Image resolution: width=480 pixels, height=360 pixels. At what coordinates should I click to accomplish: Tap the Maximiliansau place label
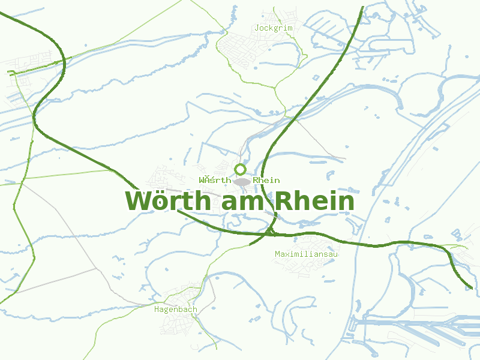click(x=307, y=254)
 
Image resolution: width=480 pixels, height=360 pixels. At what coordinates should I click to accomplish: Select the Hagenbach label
click(x=175, y=310)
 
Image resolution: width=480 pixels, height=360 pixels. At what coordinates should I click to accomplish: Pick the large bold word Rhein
click(x=315, y=202)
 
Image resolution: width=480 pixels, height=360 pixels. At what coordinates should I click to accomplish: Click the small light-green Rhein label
click(x=266, y=181)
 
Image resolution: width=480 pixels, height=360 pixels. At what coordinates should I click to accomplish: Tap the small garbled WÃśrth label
click(x=215, y=181)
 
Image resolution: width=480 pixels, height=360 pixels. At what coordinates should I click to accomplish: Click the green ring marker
click(x=241, y=169)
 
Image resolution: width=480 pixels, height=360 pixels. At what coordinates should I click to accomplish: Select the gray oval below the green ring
click(x=242, y=181)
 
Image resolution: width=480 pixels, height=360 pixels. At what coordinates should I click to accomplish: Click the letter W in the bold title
click(x=138, y=202)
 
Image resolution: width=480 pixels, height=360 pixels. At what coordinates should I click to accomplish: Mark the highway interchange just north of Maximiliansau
click(x=269, y=232)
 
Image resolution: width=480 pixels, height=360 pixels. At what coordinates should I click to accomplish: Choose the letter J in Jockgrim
click(x=257, y=28)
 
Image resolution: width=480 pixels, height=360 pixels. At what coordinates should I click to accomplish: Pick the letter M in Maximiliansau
click(x=277, y=254)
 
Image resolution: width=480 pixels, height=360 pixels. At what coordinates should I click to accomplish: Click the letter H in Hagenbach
click(x=157, y=310)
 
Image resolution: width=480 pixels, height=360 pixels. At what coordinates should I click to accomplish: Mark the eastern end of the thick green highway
click(x=470, y=288)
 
